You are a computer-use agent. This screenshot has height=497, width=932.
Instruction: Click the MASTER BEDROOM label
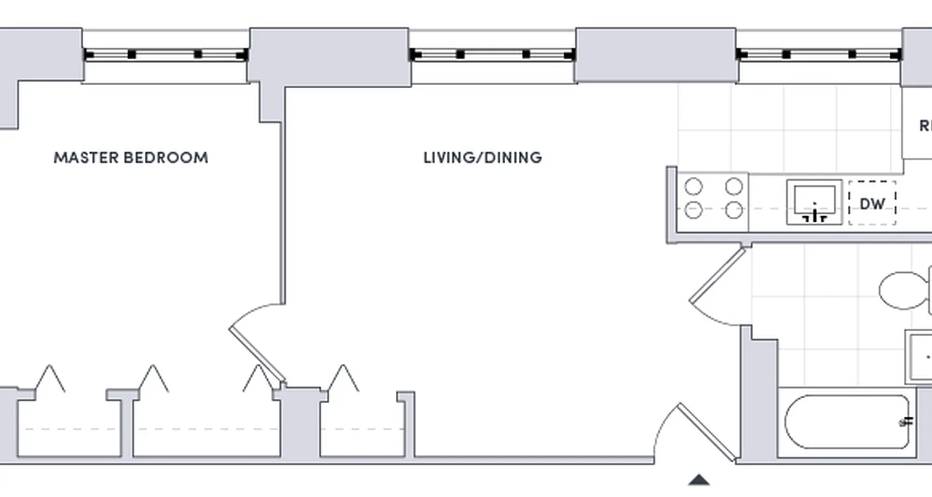pos(130,158)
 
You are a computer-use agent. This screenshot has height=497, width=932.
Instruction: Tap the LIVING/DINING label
pos(482,158)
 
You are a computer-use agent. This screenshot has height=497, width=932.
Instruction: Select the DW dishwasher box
pos(872,203)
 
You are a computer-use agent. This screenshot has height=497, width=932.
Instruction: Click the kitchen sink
pos(814,202)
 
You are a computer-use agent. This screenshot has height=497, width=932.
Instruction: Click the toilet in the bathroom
pos(904,290)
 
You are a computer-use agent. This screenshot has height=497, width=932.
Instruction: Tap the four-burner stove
pos(714,198)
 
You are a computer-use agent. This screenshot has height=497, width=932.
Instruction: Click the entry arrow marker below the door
pos(699,480)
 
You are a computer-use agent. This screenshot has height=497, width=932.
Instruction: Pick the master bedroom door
pos(256,348)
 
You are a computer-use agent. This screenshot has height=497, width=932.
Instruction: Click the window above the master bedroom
pos(165,55)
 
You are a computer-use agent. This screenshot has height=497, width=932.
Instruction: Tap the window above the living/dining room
pos(492,55)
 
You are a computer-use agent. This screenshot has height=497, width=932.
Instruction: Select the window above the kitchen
pos(819,55)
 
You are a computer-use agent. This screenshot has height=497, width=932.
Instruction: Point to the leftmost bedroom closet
pos(68,429)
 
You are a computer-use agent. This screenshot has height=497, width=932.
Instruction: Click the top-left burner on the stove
pos(693,186)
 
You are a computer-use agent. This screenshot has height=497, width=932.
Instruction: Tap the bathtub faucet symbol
pos(907,422)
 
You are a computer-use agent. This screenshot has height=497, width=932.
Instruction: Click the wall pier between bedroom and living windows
pos(329,56)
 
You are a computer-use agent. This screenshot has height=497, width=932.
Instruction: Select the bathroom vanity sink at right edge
pos(920,357)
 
